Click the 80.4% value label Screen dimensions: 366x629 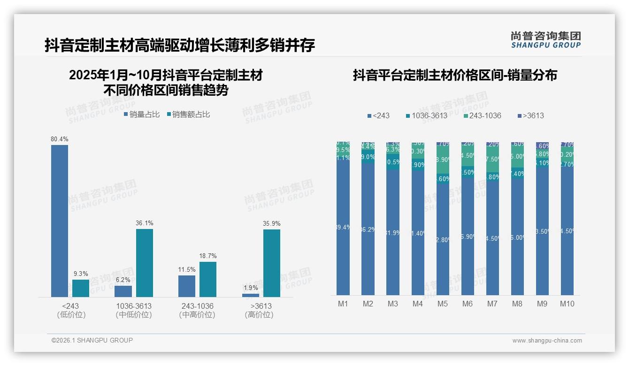click(60, 139)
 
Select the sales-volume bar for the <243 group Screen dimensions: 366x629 click(60, 221)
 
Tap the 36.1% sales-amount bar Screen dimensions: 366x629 click(145, 263)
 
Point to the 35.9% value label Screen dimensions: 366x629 click(272, 223)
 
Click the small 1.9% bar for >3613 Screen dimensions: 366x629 click(251, 295)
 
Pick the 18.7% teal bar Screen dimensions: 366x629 click(208, 279)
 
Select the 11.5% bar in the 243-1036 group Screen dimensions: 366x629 click(187, 286)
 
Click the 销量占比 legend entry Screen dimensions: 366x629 click(142, 114)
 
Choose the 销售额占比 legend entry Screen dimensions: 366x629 click(188, 114)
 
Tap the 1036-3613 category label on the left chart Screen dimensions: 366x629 click(134, 306)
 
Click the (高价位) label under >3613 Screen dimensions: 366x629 click(259, 315)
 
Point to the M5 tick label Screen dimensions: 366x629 click(443, 304)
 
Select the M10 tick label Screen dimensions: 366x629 click(567, 304)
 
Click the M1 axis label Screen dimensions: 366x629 click(343, 304)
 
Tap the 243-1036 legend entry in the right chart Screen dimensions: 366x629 click(482, 115)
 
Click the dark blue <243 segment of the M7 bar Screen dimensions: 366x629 click(492, 239)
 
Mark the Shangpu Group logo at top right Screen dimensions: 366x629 click(546, 39)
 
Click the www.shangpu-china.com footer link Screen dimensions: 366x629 click(547, 341)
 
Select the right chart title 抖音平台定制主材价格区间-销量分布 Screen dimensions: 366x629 click(455, 75)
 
